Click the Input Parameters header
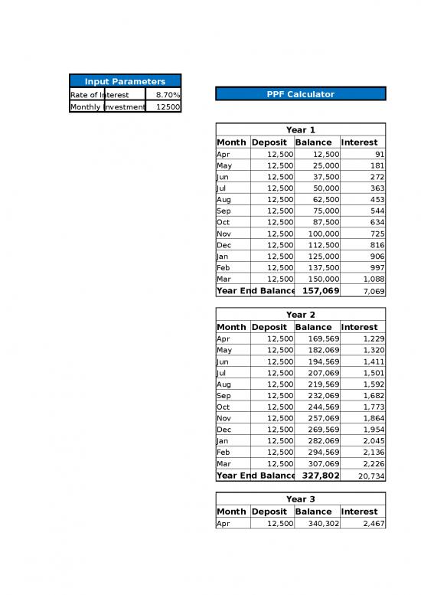(x=125, y=81)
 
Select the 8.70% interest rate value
(x=168, y=95)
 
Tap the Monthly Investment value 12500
(x=168, y=107)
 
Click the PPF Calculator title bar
(x=300, y=94)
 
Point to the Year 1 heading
(x=300, y=130)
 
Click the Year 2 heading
(x=300, y=315)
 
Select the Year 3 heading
(x=300, y=499)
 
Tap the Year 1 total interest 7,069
(x=373, y=292)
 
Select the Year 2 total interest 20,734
(x=371, y=476)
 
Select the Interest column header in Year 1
(x=359, y=142)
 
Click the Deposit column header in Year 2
(x=269, y=327)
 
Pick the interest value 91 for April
(x=380, y=155)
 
